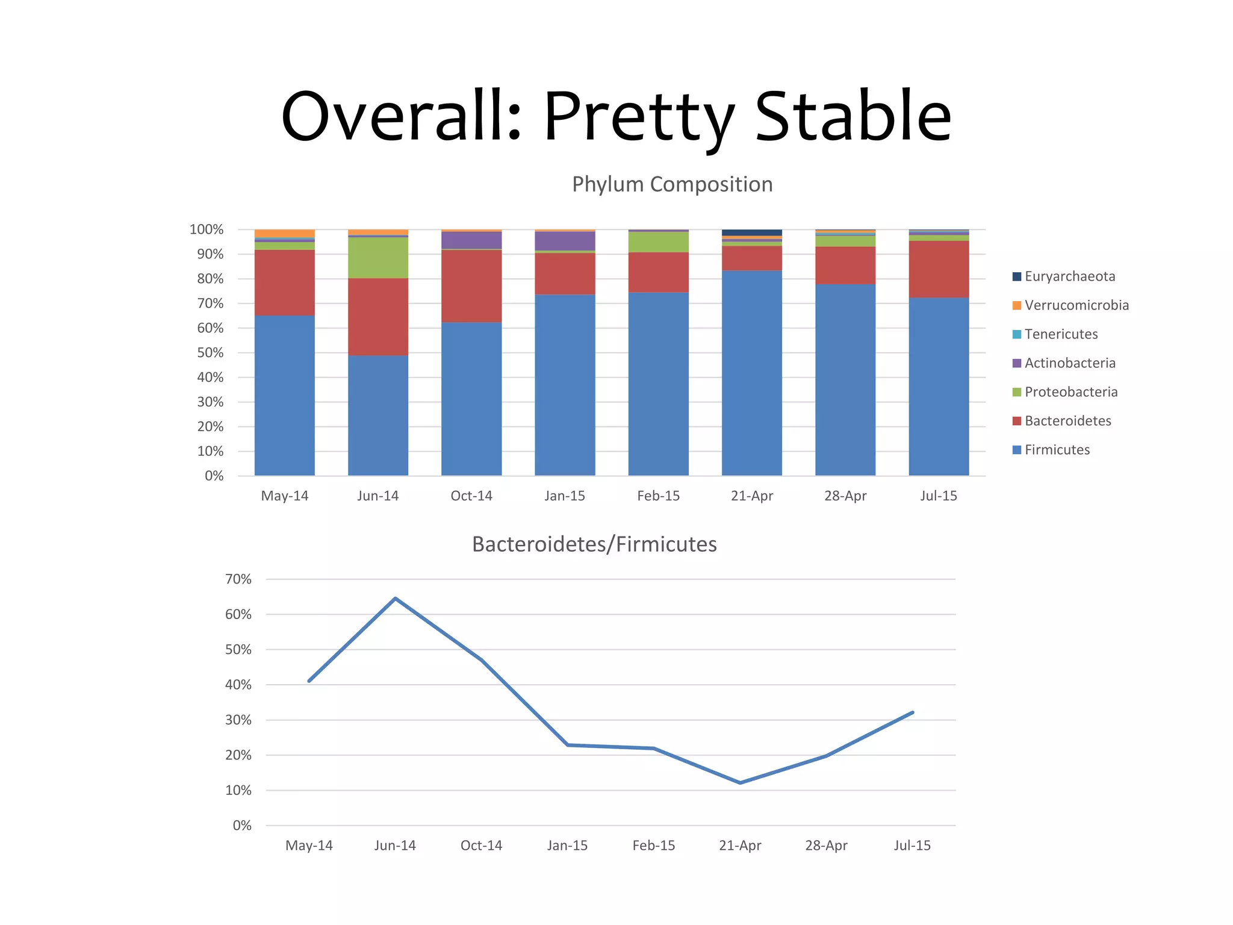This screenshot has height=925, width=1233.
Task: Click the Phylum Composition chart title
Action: pos(672,184)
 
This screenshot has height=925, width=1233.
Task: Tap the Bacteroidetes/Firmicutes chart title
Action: pos(594,544)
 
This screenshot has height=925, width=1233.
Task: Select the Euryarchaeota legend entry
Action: pos(1069,276)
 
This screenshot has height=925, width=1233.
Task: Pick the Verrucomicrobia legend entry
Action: pos(1076,305)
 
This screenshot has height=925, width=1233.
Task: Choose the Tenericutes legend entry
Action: pos(1061,334)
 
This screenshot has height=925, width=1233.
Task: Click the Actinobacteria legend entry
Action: pos(1069,363)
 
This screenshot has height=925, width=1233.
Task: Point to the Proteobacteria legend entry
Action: pos(1070,392)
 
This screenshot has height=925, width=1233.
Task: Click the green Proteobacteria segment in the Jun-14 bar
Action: pos(378,258)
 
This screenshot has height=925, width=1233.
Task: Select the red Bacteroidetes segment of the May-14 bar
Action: pos(285,282)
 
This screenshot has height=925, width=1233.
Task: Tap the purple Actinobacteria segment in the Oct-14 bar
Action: pos(471,240)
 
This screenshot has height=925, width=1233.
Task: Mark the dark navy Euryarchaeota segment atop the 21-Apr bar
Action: pos(752,232)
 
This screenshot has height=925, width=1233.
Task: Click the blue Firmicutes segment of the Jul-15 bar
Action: pos(939,385)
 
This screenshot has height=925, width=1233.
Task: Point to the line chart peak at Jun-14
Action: pos(395,598)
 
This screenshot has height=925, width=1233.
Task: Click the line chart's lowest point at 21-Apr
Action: pos(740,783)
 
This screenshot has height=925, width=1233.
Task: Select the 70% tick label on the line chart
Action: pos(238,579)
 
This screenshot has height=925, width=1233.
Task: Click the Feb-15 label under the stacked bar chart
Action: pos(658,496)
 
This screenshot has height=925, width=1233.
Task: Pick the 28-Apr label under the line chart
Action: pos(826,846)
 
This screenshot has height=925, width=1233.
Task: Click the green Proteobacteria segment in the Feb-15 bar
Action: pos(658,242)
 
